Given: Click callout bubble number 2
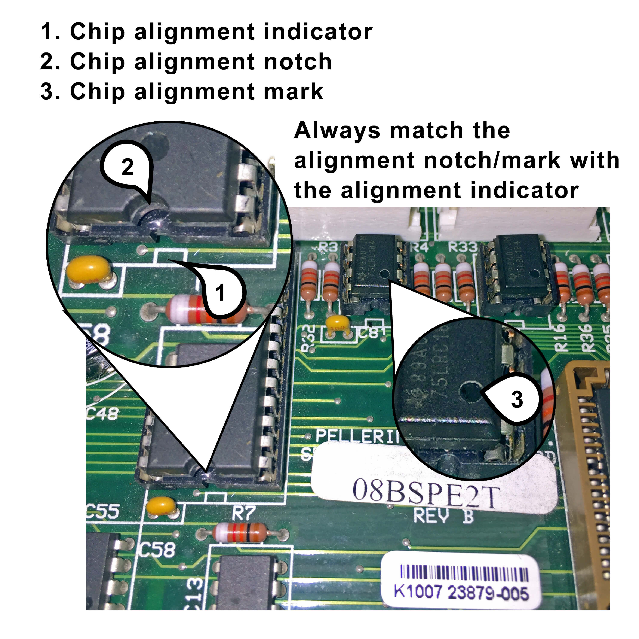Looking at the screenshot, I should point(127,167).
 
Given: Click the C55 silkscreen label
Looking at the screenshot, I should point(102,511).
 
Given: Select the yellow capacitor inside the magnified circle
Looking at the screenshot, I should point(88,271).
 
